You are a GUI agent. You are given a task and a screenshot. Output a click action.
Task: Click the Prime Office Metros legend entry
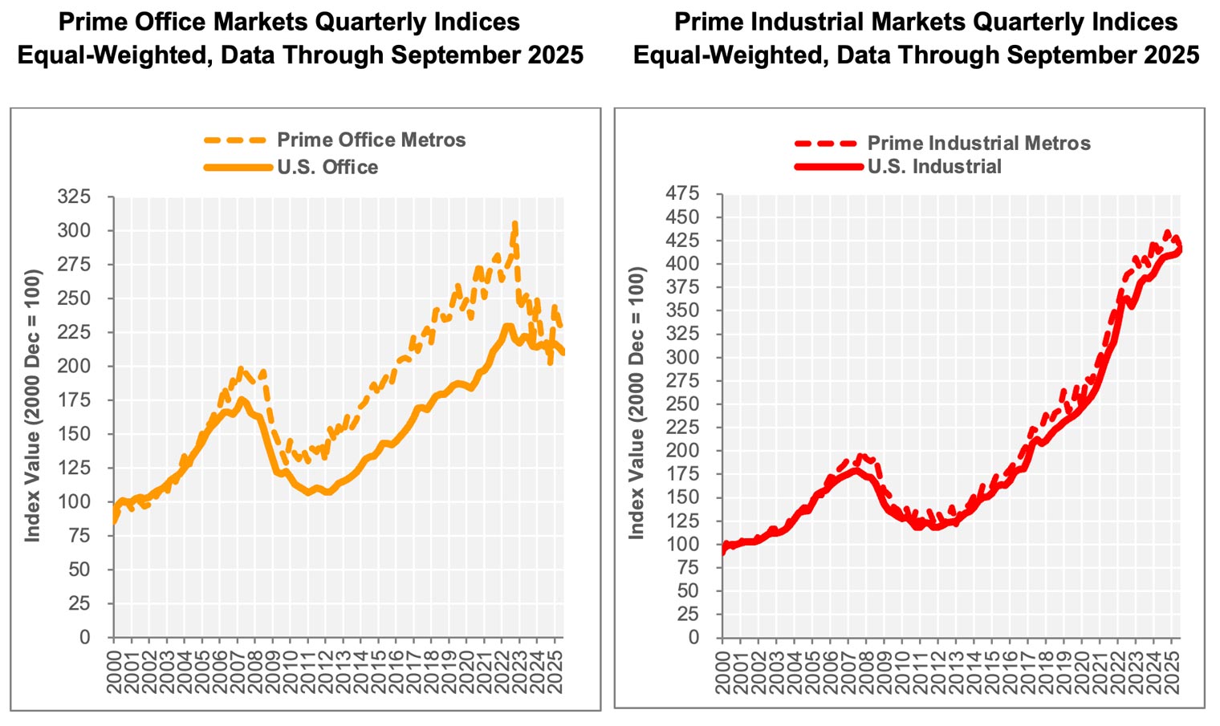tap(371, 140)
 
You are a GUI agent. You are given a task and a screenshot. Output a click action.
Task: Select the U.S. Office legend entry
tap(327, 167)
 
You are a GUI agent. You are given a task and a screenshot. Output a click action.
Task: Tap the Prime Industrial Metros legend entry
tap(978, 144)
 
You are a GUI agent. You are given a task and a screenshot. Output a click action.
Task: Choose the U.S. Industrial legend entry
tap(934, 167)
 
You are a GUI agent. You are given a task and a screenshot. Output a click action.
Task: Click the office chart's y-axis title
tap(33, 405)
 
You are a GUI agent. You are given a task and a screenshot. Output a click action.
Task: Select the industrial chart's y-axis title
tap(636, 403)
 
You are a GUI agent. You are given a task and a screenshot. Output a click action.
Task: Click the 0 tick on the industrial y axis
tap(693, 638)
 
